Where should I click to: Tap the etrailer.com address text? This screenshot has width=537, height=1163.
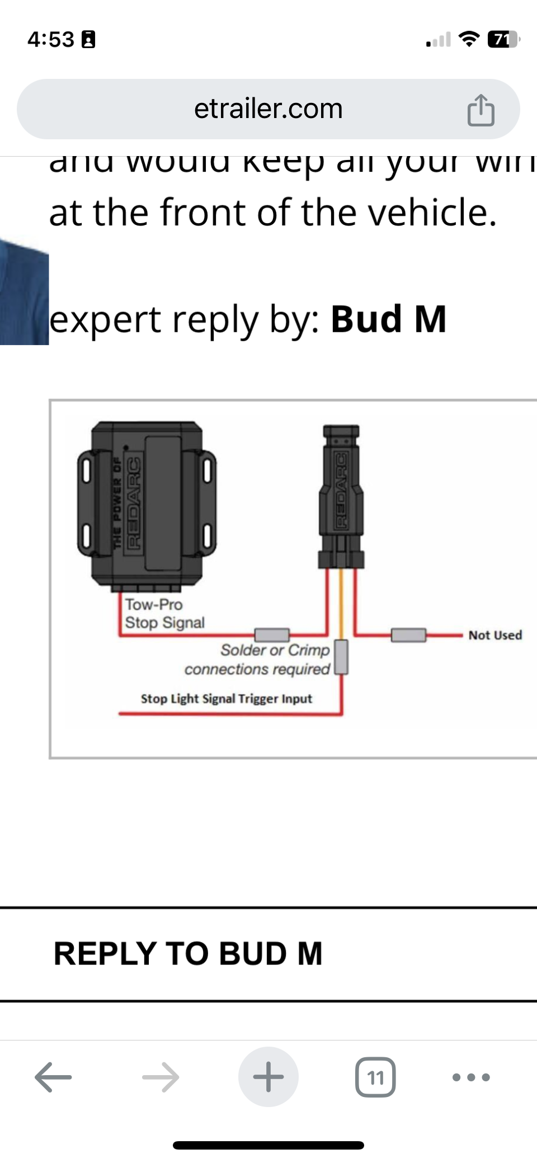[268, 109]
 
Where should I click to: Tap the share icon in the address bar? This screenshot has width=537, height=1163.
[481, 110]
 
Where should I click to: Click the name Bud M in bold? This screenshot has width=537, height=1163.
[388, 319]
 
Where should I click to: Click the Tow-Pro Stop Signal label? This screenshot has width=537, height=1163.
[164, 614]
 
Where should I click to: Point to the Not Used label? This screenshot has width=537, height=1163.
[495, 635]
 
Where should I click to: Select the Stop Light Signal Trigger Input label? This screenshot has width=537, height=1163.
[226, 699]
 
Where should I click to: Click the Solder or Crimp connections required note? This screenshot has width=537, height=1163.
[257, 660]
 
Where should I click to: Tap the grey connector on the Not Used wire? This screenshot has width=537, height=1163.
[408, 635]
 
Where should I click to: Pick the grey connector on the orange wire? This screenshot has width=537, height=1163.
[341, 657]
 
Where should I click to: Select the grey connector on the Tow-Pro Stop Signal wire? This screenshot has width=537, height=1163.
[272, 634]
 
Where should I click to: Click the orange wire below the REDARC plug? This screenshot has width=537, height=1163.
[341, 604]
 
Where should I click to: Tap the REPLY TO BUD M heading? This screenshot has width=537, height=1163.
[188, 954]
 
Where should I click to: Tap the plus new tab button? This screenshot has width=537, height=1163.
[268, 1077]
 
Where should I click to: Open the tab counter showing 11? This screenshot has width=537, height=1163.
[375, 1077]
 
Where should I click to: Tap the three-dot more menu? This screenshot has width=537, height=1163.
[471, 1077]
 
